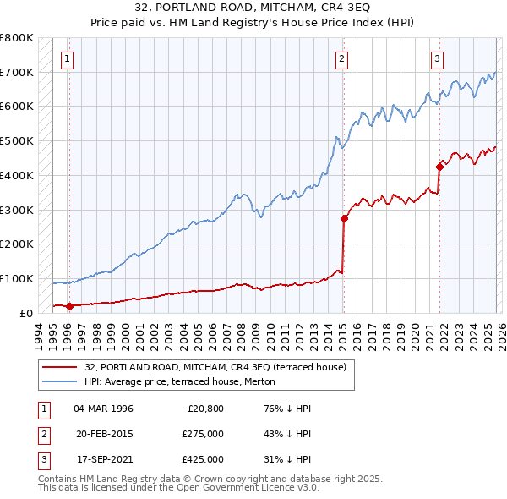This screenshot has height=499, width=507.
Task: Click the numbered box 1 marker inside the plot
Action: coord(67,58)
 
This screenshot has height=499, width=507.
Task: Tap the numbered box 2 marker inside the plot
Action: coord(341,58)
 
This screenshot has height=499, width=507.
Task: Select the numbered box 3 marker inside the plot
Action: coord(437,58)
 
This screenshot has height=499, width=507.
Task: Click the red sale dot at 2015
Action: coord(344,218)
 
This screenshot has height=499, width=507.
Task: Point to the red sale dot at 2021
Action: coord(440,167)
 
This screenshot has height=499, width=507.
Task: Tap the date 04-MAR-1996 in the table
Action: coord(103,409)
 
